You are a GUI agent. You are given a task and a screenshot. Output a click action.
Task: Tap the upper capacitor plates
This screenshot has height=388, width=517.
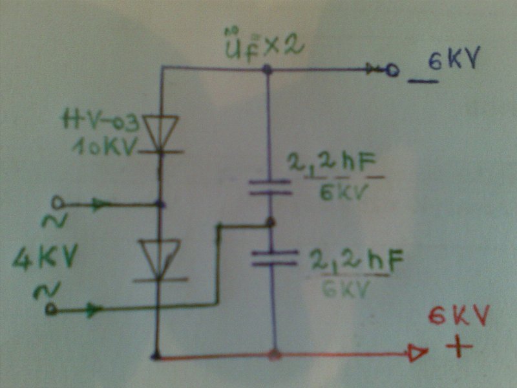(270, 187)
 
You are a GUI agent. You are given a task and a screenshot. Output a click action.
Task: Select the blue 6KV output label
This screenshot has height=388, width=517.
(452, 62)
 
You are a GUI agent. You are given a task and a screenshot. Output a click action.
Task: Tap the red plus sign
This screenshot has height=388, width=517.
(459, 347)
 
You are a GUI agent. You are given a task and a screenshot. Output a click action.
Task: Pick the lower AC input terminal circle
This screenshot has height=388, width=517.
(52, 310)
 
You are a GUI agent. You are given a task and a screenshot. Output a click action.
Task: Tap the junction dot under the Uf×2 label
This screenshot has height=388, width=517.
(267, 67)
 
